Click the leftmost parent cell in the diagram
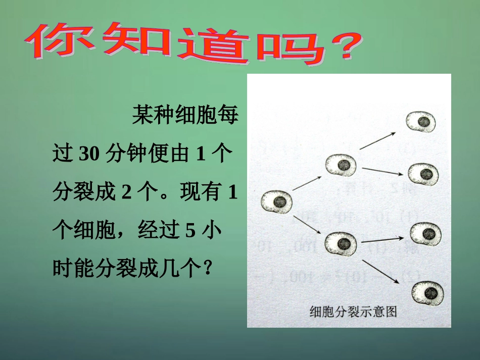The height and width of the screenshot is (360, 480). [277, 202]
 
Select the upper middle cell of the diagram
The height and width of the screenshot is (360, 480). [341, 165]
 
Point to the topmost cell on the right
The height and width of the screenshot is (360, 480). [422, 122]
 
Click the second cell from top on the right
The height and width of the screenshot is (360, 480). [423, 174]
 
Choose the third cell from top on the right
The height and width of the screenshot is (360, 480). [425, 233]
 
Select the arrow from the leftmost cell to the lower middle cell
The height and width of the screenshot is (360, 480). [308, 224]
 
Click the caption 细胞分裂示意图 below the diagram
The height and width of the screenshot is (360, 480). [353, 312]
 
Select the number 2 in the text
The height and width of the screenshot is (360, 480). [122, 193]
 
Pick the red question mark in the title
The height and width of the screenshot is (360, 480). [342, 47]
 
